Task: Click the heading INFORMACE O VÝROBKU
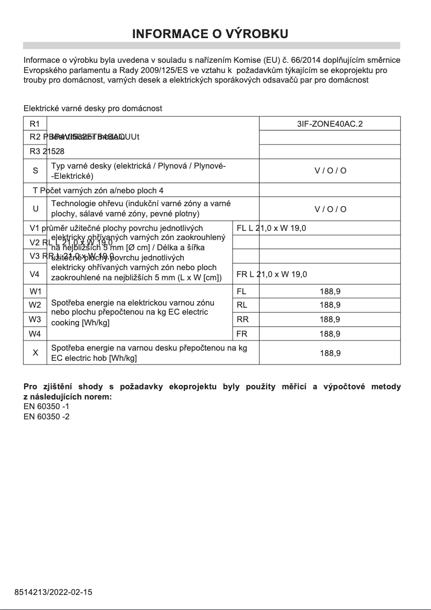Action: (x=211, y=34)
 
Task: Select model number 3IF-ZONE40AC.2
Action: (x=329, y=124)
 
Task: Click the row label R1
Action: (x=35, y=124)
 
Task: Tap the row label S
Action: (x=35, y=171)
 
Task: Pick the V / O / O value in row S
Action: (x=329, y=171)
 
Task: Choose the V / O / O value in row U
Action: (x=329, y=209)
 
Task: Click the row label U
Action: (x=35, y=209)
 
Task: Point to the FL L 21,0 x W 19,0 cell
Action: (x=271, y=228)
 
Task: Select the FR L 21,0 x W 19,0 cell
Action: (x=271, y=274)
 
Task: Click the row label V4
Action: (x=35, y=274)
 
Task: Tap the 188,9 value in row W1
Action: (x=329, y=292)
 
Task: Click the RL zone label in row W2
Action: (x=242, y=305)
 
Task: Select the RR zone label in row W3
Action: (x=242, y=319)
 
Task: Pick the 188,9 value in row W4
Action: (x=329, y=333)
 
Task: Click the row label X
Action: (x=35, y=353)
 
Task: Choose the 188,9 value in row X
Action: (x=329, y=353)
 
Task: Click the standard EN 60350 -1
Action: (x=47, y=406)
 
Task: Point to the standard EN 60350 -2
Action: (x=47, y=416)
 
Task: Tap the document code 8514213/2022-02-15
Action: (x=53, y=592)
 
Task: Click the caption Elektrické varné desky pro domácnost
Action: (x=93, y=108)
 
